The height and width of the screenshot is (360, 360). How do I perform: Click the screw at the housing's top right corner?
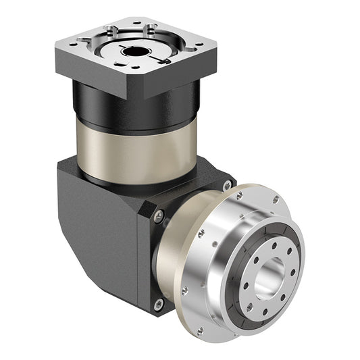(226, 185)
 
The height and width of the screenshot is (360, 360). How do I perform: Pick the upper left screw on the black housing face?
(159, 215)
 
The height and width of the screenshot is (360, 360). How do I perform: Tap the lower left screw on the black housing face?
(159, 305)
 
